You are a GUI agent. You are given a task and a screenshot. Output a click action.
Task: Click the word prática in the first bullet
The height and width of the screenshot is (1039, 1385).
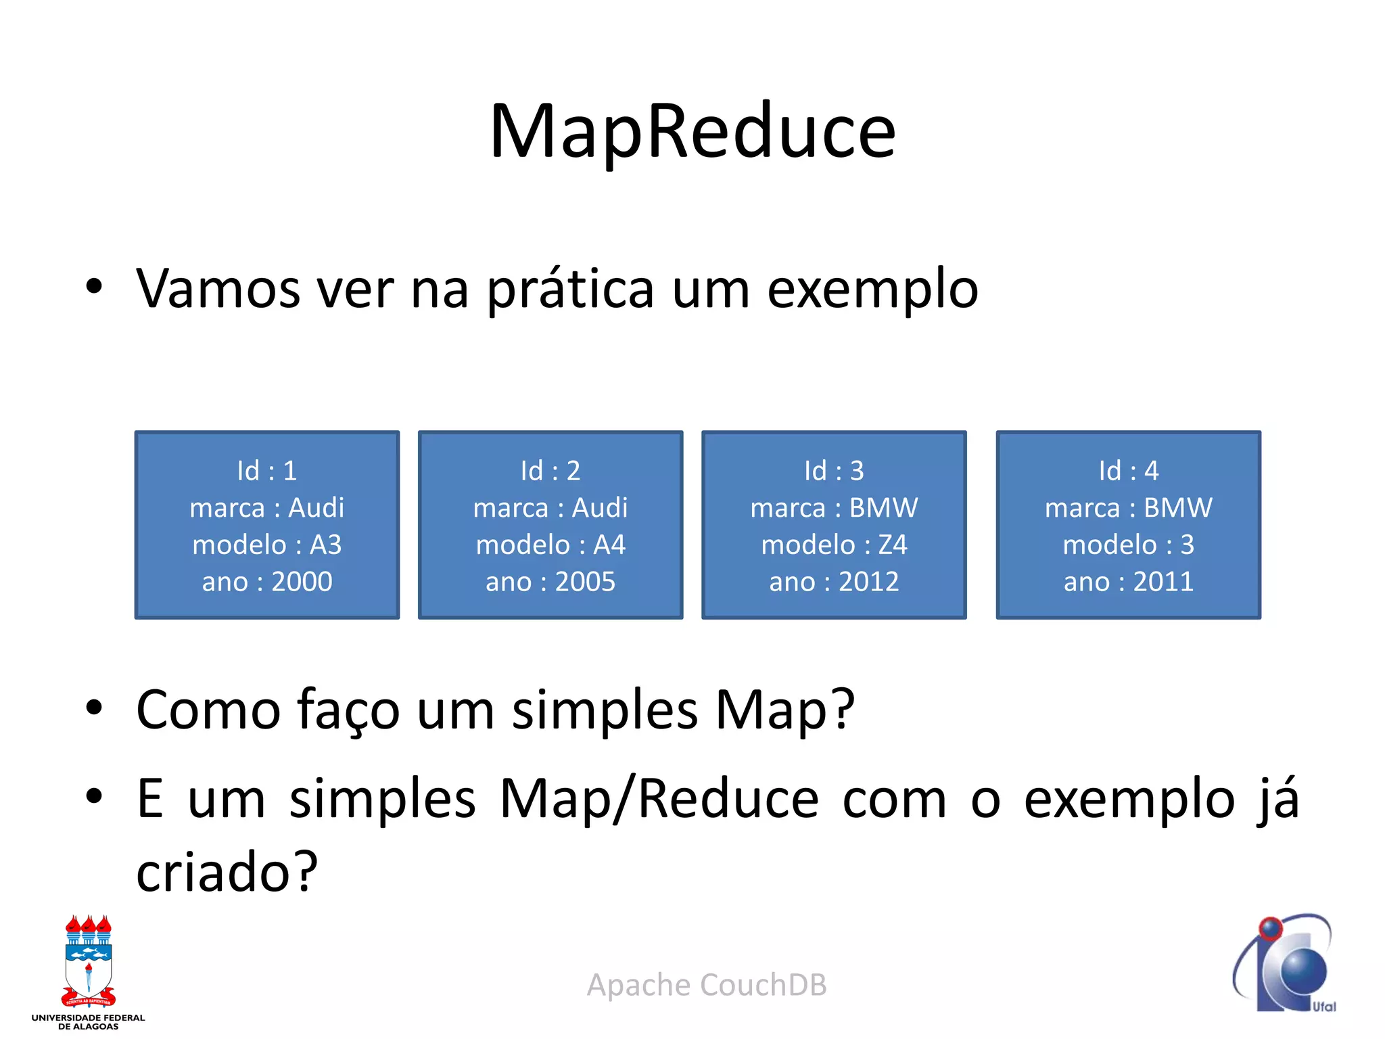click(570, 290)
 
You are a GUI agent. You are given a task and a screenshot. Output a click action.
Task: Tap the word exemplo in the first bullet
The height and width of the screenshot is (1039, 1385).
click(872, 290)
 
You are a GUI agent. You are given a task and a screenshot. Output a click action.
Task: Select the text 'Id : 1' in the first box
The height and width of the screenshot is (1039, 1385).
click(267, 471)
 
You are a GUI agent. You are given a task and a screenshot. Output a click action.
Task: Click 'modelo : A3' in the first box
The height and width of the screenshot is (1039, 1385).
click(267, 545)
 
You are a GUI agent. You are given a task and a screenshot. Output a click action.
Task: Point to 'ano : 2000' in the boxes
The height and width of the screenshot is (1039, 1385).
click(267, 582)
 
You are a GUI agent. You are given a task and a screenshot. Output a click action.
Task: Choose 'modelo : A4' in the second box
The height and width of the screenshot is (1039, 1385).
click(550, 545)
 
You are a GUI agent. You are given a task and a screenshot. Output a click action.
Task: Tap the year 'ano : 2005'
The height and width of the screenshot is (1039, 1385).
click(550, 582)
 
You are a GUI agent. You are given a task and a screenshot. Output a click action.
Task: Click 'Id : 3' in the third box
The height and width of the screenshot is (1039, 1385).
click(834, 471)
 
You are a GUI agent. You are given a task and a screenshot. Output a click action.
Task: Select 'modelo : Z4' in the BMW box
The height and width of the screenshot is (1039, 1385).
click(834, 545)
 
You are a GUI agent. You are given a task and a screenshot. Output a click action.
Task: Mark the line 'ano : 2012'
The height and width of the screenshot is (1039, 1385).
click(834, 582)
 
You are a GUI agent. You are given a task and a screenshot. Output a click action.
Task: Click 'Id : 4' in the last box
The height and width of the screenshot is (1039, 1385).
click(1128, 471)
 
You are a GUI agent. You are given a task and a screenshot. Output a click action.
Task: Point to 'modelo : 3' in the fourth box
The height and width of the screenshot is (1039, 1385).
click(1128, 545)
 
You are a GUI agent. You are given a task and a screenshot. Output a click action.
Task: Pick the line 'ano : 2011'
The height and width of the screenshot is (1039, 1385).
click(1128, 582)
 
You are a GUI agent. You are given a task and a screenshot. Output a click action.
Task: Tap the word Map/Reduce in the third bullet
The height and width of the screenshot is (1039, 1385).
click(659, 800)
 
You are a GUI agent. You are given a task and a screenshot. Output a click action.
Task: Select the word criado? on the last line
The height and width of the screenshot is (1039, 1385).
click(227, 873)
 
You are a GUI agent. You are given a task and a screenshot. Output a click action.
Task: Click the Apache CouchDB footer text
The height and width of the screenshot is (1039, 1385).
click(707, 985)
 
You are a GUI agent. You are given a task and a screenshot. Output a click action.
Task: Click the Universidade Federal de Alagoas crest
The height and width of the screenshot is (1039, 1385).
click(88, 964)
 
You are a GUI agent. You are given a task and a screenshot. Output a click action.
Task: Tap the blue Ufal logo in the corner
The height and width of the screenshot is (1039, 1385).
click(1285, 964)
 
